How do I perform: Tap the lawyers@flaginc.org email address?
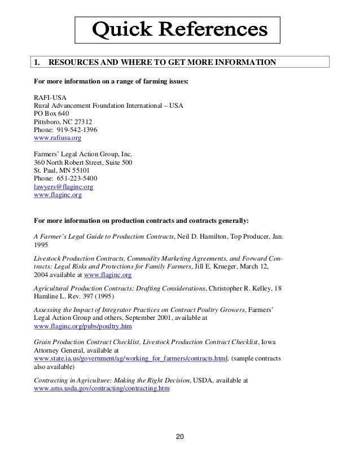tap(64, 186)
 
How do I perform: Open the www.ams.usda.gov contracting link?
tap(102, 389)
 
